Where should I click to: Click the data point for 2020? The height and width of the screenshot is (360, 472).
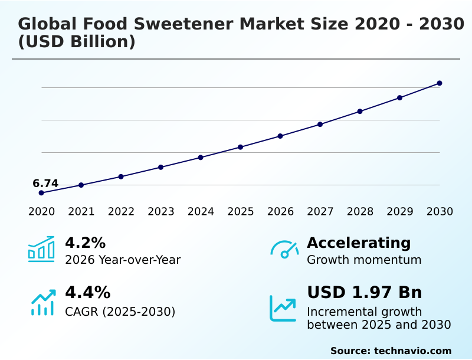[41, 193]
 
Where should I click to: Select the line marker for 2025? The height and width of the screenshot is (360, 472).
[240, 147]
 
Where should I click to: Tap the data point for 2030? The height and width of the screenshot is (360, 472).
[440, 83]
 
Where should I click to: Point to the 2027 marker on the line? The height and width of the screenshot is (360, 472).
[320, 125]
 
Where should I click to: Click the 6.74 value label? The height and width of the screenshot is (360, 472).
[45, 184]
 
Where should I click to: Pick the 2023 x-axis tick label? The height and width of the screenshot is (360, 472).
[160, 211]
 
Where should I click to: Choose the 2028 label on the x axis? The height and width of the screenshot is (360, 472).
[360, 211]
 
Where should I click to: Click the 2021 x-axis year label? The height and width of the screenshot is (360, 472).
[81, 211]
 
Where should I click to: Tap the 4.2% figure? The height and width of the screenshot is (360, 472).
[85, 243]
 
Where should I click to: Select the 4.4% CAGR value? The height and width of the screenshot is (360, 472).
[87, 293]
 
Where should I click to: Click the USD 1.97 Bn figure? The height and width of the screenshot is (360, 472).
[365, 293]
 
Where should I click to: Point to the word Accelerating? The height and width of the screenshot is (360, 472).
[359, 243]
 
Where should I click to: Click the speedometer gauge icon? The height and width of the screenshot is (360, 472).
[284, 250]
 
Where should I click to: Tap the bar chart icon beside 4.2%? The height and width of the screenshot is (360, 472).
[41, 250]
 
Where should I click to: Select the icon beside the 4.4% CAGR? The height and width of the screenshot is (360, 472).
[42, 302]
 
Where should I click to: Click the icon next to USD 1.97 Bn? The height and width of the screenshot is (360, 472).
[283, 307]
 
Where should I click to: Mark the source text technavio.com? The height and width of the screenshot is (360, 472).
[412, 351]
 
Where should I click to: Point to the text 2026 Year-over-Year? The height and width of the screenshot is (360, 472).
[123, 260]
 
